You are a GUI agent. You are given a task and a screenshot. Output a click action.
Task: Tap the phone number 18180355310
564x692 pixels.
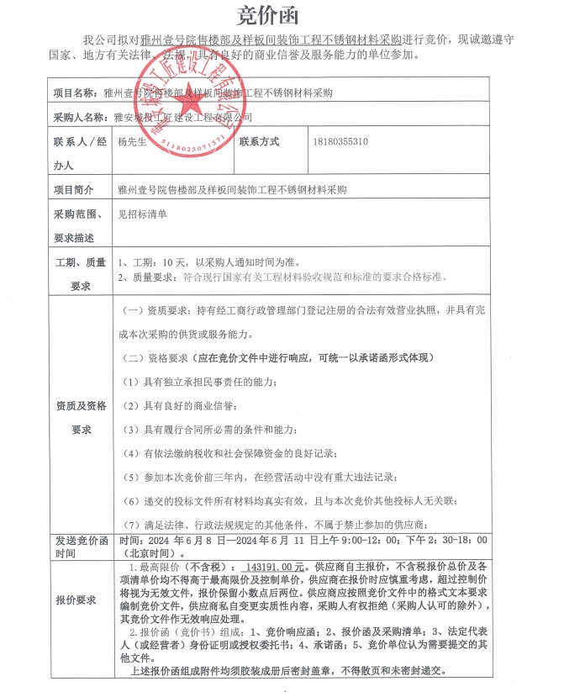[x=340, y=142]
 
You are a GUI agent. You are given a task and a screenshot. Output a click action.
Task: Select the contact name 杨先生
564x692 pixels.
[x=133, y=142]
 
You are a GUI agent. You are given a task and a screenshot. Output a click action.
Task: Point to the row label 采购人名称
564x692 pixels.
[x=80, y=117]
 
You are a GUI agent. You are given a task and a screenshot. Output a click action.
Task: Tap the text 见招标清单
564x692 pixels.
[x=142, y=214]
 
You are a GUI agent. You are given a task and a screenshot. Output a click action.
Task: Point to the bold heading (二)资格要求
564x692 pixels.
[x=277, y=357]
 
